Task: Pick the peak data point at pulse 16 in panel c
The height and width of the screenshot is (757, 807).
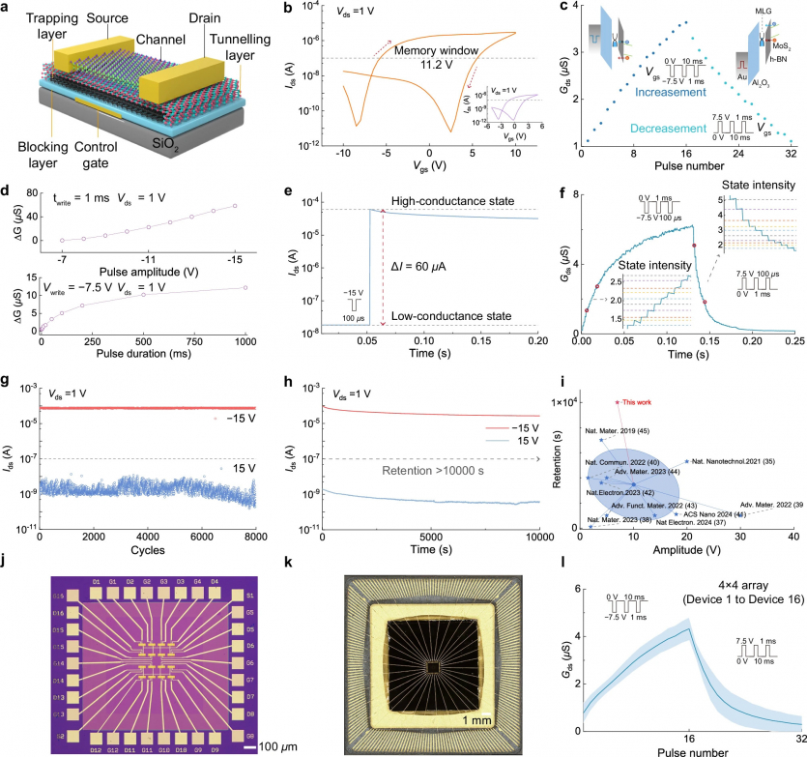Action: (x=686, y=22)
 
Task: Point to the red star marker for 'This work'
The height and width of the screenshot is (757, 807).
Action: (x=618, y=401)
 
